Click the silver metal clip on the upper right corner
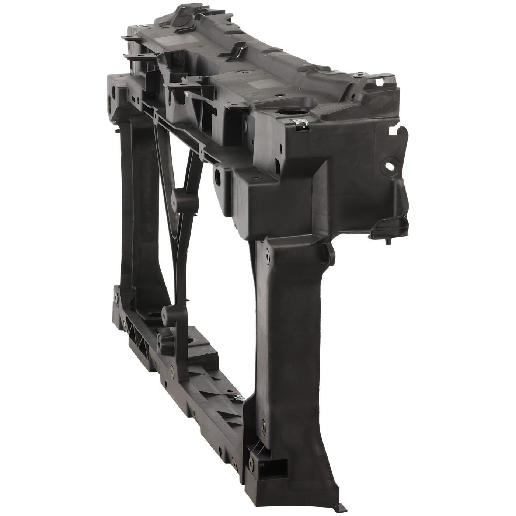pyautogui.click(x=300, y=124)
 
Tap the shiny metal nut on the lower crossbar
pyautogui.click(x=240, y=397)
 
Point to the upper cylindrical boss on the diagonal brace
pyautogui.click(x=184, y=199)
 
